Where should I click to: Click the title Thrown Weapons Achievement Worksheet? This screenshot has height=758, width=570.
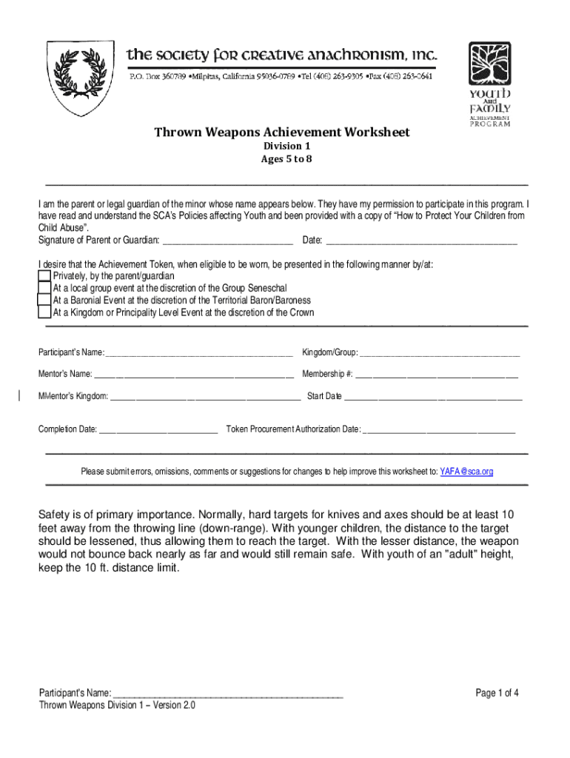281,133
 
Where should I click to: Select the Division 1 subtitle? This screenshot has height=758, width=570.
281,147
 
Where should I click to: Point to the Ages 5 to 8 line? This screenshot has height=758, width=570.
281,159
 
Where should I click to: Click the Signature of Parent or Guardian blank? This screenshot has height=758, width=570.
227,241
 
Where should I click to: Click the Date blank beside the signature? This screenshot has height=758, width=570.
421,241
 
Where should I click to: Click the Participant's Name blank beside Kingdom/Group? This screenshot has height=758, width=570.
199,352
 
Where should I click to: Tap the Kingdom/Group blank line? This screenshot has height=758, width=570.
439,352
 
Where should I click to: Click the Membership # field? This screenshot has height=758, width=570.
437,374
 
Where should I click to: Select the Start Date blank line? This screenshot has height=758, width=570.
433,397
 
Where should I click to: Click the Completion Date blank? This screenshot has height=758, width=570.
158,429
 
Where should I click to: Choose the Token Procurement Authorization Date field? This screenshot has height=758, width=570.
439,429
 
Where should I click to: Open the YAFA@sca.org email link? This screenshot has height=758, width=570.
466,472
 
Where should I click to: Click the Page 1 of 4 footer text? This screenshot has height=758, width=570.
497,694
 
